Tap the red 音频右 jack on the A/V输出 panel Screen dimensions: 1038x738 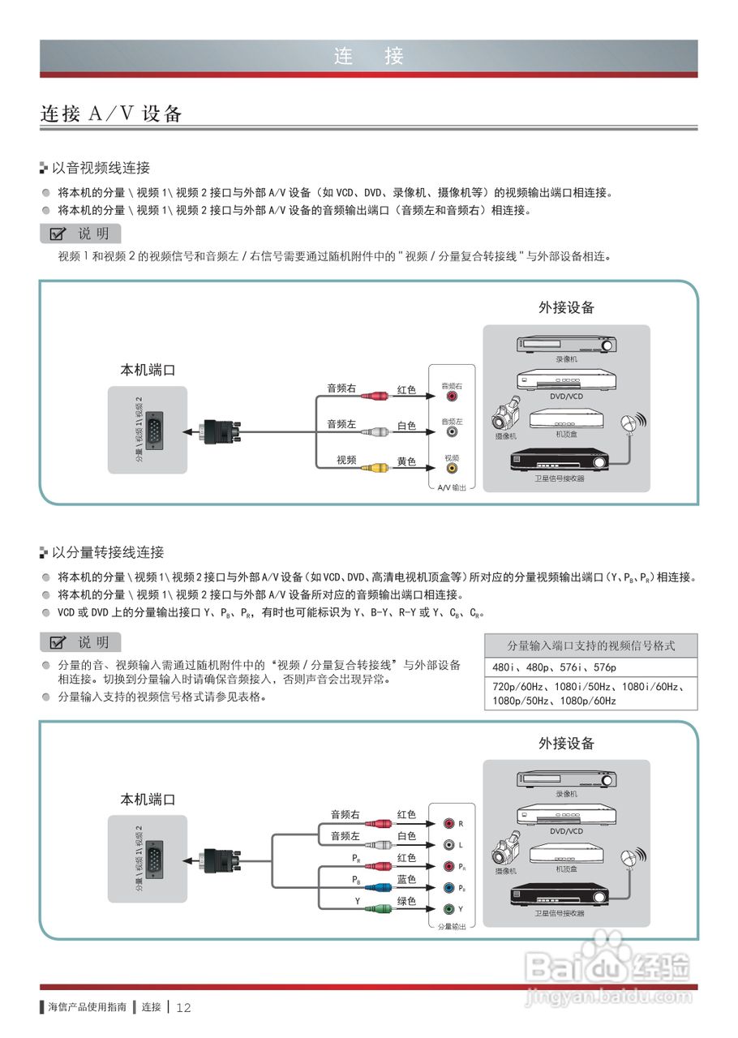[x=452, y=398]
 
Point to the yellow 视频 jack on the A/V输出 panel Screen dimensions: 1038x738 [x=452, y=468]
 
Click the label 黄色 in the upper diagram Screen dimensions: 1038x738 [x=406, y=461]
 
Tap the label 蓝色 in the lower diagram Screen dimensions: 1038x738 [x=406, y=879]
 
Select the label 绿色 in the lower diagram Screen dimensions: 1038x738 [x=406, y=901]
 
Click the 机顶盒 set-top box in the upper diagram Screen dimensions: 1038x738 [x=566, y=418]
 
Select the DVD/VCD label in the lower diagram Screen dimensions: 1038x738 [x=566, y=831]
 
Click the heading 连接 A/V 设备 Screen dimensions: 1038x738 [x=111, y=114]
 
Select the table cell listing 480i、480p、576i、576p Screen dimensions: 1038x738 [x=590, y=667]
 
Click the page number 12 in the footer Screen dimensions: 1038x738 [x=183, y=1008]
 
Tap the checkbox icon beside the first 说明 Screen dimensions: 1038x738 [x=58, y=234]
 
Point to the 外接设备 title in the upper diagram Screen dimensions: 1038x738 [x=566, y=307]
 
